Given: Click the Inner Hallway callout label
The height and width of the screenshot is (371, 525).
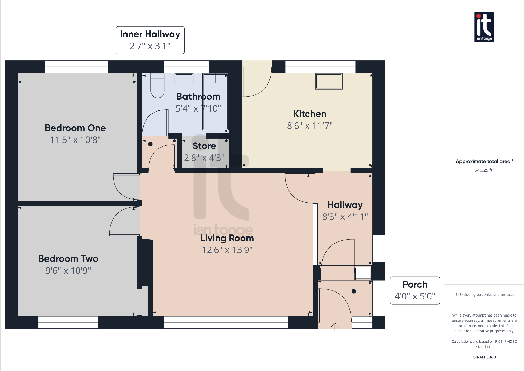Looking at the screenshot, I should (150, 34).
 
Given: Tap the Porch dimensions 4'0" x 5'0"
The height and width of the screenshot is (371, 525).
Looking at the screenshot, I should (415, 296).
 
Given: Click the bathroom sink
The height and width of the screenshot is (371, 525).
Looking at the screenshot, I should (184, 78).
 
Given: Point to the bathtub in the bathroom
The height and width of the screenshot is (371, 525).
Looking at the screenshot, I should (215, 101).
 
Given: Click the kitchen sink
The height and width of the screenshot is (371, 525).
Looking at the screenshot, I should (329, 81).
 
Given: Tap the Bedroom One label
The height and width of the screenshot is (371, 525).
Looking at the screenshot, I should (75, 128).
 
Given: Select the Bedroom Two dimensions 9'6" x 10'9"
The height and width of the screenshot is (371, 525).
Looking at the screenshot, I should (68, 270).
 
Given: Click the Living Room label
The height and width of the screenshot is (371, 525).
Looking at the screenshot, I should (227, 238).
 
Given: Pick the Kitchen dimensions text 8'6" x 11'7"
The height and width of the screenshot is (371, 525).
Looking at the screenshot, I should (310, 126).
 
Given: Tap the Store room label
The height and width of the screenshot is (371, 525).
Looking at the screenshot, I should (204, 146).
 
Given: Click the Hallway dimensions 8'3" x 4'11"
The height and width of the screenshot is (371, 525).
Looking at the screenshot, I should (345, 216).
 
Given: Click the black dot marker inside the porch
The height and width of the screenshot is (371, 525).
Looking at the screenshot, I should (354, 291).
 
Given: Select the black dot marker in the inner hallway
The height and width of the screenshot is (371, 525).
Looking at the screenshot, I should (150, 144).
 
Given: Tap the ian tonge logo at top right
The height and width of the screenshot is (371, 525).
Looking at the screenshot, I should (484, 27).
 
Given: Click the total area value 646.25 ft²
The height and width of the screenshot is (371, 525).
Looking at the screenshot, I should (484, 170).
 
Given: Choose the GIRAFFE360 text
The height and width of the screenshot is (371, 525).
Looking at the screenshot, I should (484, 357).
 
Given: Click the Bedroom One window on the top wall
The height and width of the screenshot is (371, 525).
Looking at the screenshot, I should (77, 67).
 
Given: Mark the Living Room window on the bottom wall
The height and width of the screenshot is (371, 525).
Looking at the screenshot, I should (226, 322).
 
